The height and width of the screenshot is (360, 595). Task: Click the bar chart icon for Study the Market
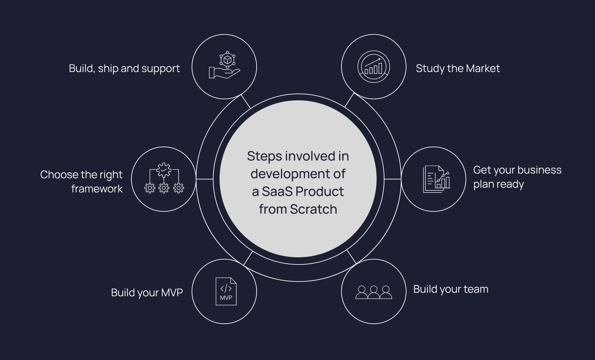click(x=373, y=66)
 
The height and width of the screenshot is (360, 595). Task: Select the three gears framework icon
click(x=164, y=179)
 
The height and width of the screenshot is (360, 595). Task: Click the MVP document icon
click(x=226, y=292)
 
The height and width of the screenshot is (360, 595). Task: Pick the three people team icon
click(x=373, y=292)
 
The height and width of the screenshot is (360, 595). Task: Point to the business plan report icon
click(x=436, y=179)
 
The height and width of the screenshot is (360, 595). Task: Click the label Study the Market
click(x=458, y=68)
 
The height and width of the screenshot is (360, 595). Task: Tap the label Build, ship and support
click(x=124, y=68)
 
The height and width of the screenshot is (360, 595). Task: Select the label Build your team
click(x=451, y=289)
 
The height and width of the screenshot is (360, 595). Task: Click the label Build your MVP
click(x=147, y=293)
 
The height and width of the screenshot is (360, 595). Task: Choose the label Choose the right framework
click(x=82, y=181)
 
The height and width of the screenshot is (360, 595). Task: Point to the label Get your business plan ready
click(x=517, y=177)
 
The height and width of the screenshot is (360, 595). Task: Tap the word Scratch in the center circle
click(x=313, y=209)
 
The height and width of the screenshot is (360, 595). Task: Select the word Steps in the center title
click(x=264, y=156)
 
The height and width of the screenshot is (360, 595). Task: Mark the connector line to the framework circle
click(x=205, y=179)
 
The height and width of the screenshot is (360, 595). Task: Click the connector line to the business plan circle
click(x=392, y=179)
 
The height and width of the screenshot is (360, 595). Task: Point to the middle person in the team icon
click(x=373, y=292)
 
